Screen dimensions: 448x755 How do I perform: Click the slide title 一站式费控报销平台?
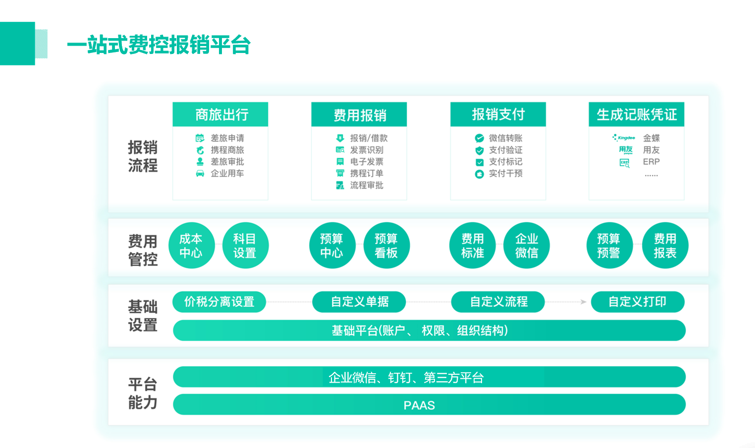coord(159,45)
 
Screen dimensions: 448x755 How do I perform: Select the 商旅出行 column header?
coord(220,114)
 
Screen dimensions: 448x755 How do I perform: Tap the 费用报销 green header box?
coord(359,115)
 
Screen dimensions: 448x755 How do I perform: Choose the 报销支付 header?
coord(498,114)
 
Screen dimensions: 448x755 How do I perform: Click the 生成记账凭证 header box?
coord(636,114)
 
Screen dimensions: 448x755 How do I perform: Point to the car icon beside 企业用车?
coord(200,173)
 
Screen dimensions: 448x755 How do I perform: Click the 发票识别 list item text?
coord(367,149)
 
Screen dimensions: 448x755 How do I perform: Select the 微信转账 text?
coord(505,138)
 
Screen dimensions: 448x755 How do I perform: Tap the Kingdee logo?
coord(624,138)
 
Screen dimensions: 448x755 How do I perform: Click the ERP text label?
coord(651,162)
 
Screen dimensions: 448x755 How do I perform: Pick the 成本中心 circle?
coord(191,246)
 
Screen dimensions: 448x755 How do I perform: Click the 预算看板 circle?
coord(386,246)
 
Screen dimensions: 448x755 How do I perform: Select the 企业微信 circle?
coord(527,246)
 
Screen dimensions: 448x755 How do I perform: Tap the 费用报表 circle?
coord(665,246)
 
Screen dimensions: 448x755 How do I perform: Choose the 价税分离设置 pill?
coord(219,301)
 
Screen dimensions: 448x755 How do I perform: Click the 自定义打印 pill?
coord(638,301)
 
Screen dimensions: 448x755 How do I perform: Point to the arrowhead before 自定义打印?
coord(584,301)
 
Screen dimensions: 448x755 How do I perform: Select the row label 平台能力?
coord(143,394)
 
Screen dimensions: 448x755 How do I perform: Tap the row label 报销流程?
coord(143,156)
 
